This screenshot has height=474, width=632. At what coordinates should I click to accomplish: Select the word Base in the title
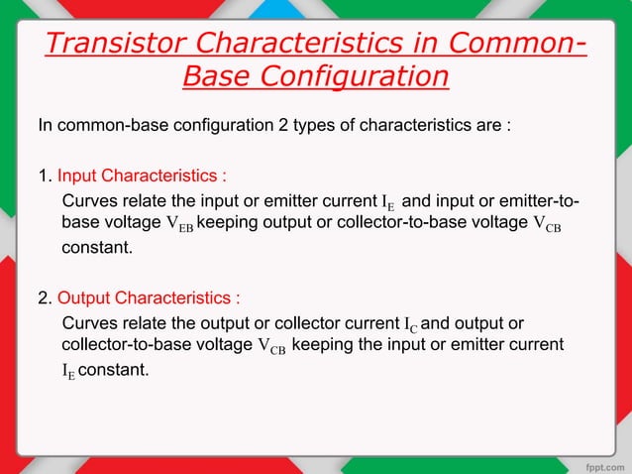pyautogui.click(x=219, y=76)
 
